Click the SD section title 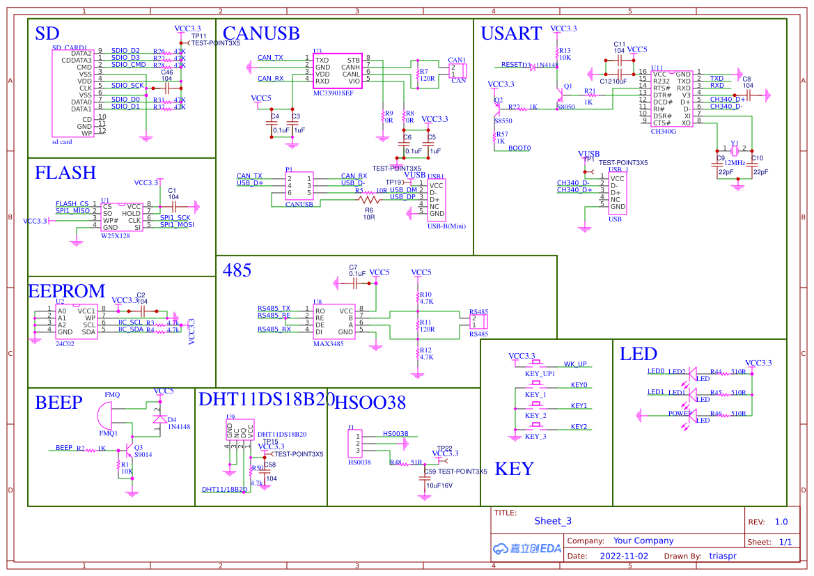(47, 33)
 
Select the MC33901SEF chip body (338, 70)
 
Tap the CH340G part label (663, 130)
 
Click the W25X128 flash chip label (115, 236)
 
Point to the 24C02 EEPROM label (65, 343)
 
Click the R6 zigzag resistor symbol (369, 200)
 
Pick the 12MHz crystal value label (735, 162)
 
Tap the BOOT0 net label (519, 148)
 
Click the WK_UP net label (574, 364)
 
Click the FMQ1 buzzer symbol (104, 416)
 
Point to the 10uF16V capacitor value (439, 485)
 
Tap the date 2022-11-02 (624, 556)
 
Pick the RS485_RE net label (274, 316)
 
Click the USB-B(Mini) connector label (446, 226)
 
